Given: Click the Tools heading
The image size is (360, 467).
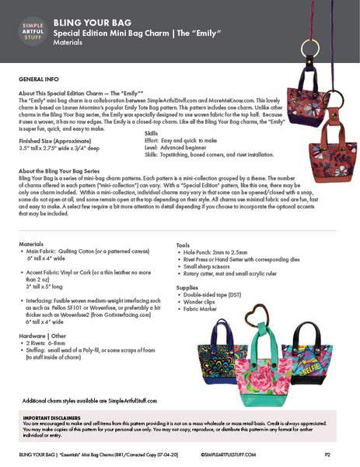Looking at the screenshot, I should (183, 245).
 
